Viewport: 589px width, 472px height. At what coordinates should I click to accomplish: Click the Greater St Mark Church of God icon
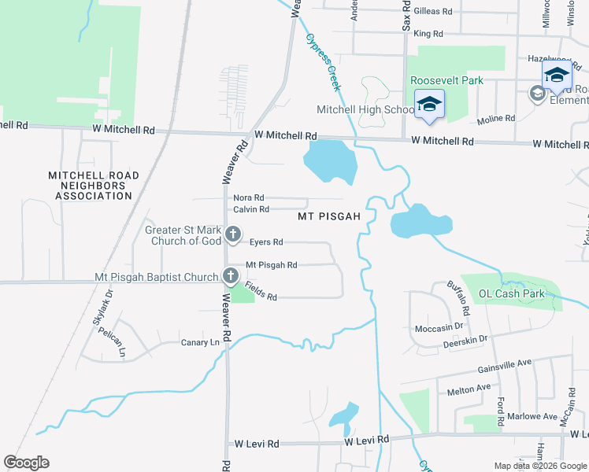[232, 234]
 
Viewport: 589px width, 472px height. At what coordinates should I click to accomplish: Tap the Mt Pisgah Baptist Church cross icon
[230, 276]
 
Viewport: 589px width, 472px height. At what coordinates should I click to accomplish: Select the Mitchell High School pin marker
[429, 105]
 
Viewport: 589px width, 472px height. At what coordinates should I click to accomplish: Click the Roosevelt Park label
[446, 80]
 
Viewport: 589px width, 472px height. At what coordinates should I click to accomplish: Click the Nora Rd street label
[248, 198]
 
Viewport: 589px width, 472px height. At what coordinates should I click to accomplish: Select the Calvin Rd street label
[251, 209]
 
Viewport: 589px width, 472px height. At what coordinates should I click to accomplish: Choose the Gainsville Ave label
[506, 365]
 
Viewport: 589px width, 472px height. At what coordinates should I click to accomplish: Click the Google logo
[27, 463]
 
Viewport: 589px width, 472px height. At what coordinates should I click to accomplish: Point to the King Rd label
[428, 34]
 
